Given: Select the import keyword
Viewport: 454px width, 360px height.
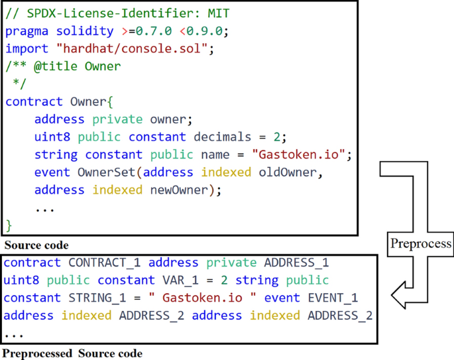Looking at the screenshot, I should pos(27,48).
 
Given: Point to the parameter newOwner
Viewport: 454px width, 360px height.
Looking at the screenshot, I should pos(180,190).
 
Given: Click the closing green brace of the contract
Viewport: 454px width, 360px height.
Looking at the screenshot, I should pos(9,225).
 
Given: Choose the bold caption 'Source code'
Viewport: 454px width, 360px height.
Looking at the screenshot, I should pos(37,245).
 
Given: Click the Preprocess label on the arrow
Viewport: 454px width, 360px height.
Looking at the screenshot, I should pos(420,243).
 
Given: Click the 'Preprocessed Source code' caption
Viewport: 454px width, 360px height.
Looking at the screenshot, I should pos(72,353).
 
